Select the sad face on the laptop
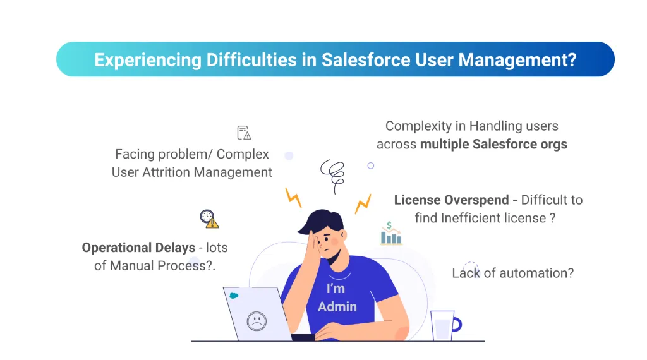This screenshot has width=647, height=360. coord(256,320)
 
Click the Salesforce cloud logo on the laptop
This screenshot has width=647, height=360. coord(234,296)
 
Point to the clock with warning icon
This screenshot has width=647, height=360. coord(209,219)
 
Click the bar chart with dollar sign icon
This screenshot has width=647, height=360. coord(390,234)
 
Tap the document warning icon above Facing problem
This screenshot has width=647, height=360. coord(244,133)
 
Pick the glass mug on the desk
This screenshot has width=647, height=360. coord(444,325)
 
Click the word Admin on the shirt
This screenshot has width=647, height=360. coord(337,306)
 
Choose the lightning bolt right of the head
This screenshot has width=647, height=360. coord(363,203)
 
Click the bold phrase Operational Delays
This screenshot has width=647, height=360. coord(138,248)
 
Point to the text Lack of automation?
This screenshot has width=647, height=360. coord(512,273)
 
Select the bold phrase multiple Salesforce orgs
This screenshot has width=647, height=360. coord(493,144)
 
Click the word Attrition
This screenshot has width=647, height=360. coord(173,172)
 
